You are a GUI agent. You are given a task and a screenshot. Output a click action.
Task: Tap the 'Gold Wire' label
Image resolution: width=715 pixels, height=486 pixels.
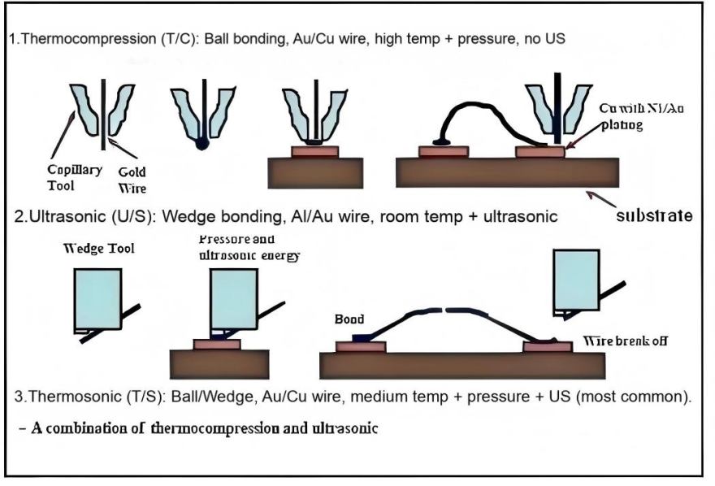(x=132, y=179)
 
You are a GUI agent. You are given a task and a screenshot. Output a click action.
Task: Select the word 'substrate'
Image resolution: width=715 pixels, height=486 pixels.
(x=653, y=215)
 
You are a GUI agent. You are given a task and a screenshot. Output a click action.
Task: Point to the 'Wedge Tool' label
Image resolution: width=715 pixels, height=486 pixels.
(x=97, y=248)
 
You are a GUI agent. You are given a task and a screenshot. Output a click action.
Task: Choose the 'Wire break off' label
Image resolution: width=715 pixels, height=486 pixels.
(x=636, y=341)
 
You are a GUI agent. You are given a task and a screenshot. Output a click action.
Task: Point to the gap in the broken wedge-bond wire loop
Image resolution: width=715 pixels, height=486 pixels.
(x=441, y=310)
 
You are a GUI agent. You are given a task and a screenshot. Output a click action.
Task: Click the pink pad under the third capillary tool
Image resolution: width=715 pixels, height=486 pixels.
(x=315, y=150)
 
